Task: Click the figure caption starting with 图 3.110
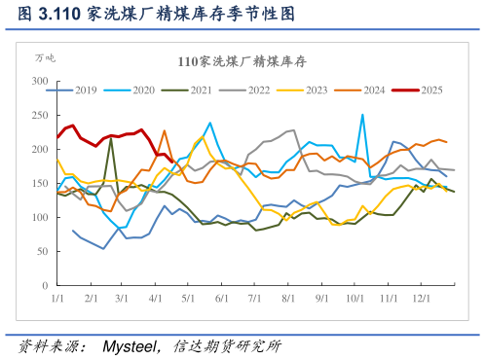click(x=156, y=14)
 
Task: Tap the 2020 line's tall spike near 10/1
click(x=363, y=115)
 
